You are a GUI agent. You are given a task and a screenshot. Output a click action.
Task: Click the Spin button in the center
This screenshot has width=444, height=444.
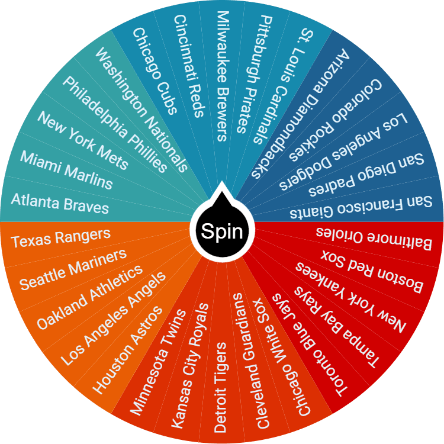222,231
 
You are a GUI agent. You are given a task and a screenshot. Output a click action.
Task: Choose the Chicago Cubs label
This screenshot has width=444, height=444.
155,70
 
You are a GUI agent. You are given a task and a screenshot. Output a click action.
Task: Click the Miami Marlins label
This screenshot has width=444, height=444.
66,169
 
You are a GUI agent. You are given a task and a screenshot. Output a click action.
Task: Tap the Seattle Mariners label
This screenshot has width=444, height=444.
73,269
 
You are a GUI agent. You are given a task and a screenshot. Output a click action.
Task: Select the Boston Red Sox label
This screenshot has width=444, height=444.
372,269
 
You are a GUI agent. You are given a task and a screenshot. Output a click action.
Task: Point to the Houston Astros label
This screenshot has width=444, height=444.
127,349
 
